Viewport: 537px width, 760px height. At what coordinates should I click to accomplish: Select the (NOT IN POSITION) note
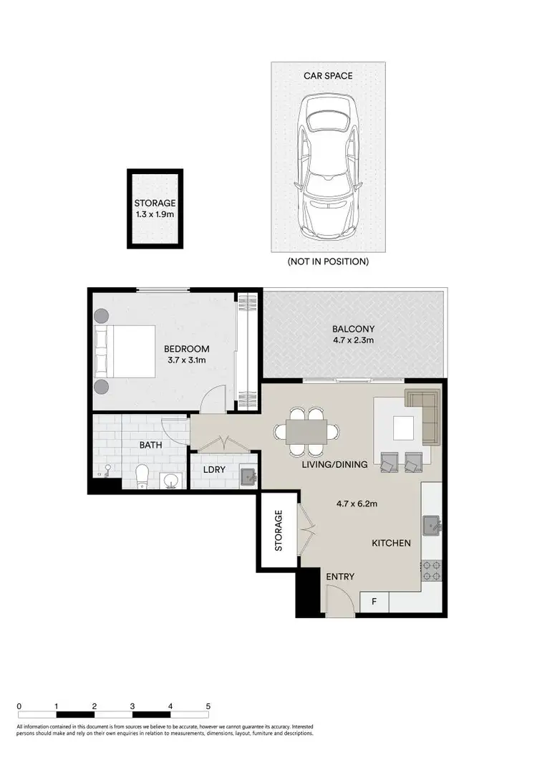tap(329, 261)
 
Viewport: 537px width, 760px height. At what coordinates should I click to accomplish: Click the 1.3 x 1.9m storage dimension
tap(155, 215)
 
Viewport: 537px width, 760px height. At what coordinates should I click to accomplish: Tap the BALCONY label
tap(352, 330)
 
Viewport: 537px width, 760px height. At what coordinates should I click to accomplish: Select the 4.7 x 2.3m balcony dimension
tap(352, 342)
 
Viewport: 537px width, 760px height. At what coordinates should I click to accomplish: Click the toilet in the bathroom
tap(142, 475)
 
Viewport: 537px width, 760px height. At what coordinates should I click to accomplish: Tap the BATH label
tap(150, 445)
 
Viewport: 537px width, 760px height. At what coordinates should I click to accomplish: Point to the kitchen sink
tap(432, 526)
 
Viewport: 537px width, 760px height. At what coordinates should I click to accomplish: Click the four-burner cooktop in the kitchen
tap(432, 570)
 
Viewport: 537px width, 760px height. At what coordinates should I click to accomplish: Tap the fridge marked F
tap(374, 602)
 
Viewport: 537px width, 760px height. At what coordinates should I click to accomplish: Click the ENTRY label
tap(340, 577)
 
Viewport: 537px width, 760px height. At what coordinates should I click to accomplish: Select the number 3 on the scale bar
tap(132, 706)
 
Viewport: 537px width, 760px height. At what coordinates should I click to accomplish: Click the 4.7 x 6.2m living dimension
tap(356, 504)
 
